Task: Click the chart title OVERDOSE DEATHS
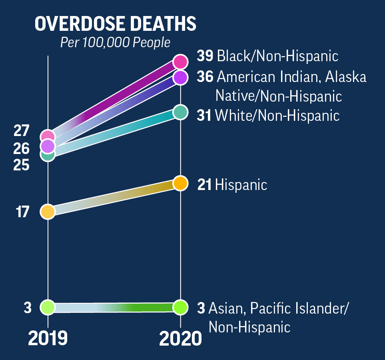pyautogui.click(x=116, y=24)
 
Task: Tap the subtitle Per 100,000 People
pyautogui.click(x=115, y=42)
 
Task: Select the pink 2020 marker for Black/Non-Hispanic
pyautogui.click(x=180, y=62)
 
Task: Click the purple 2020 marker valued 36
pyautogui.click(x=180, y=78)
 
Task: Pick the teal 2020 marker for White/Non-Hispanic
pyautogui.click(x=180, y=112)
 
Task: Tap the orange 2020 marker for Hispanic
pyautogui.click(x=180, y=183)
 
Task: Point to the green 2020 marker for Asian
pyautogui.click(x=180, y=307)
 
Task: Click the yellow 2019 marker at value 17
pyautogui.click(x=48, y=212)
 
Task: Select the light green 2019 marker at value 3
pyautogui.click(x=48, y=307)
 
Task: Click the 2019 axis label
pyautogui.click(x=48, y=339)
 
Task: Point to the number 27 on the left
pyautogui.click(x=21, y=131)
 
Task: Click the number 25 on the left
pyautogui.click(x=21, y=165)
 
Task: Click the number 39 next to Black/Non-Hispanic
pyautogui.click(x=205, y=56)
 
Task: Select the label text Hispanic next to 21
pyautogui.click(x=241, y=185)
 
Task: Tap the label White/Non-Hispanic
pyautogui.click(x=277, y=116)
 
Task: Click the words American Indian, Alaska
pyautogui.click(x=291, y=77)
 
